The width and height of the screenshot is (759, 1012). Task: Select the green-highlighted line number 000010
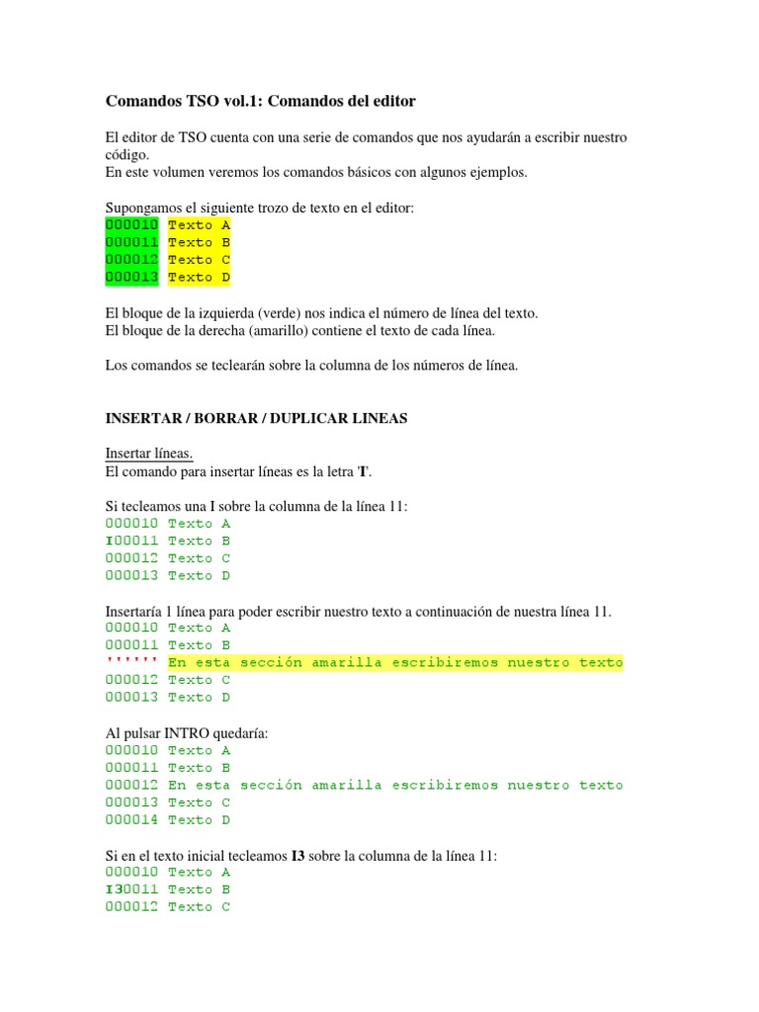pyautogui.click(x=131, y=225)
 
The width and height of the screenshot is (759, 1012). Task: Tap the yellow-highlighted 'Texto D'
pyautogui.click(x=199, y=278)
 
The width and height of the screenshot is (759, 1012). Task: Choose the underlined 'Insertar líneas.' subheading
pyautogui.click(x=148, y=454)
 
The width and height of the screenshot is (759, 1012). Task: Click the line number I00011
pyautogui.click(x=131, y=541)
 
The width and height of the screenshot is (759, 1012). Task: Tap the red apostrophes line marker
pyautogui.click(x=131, y=662)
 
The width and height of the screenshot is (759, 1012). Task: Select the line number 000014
pyautogui.click(x=131, y=819)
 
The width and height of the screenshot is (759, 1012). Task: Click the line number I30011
pyautogui.click(x=131, y=889)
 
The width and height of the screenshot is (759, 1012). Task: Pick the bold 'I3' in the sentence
pyautogui.click(x=298, y=855)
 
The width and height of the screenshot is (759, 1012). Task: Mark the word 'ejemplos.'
pyautogui.click(x=498, y=173)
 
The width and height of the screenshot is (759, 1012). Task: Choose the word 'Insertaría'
pyautogui.click(x=136, y=611)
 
